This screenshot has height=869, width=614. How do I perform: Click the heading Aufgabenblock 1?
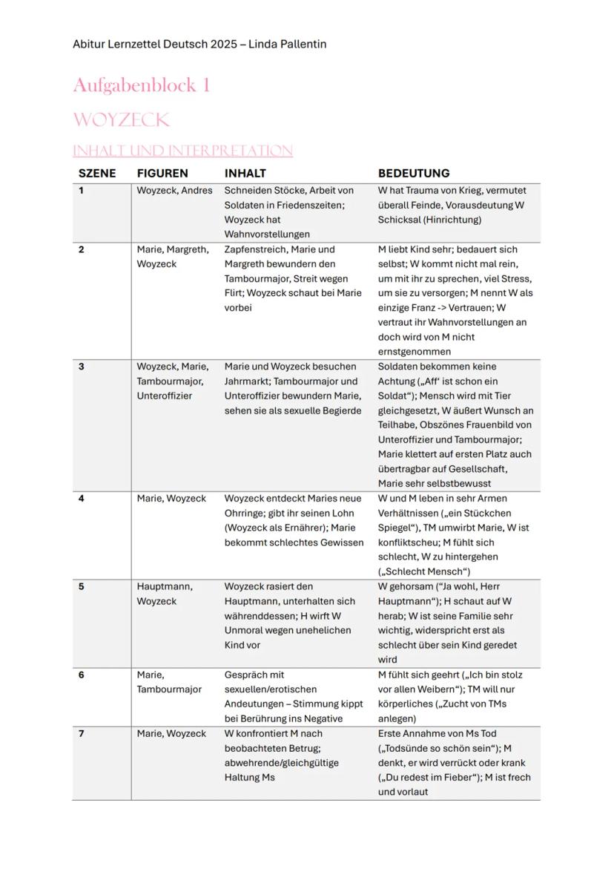(142, 86)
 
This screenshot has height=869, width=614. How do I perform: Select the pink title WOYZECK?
(121, 120)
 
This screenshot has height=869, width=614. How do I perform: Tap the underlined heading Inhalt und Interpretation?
(182, 151)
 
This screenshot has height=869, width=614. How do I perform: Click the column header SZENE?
(97, 173)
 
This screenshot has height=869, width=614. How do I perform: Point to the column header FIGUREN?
(162, 173)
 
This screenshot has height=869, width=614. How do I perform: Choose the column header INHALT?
(245, 173)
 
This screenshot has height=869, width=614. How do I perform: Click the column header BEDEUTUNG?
(414, 173)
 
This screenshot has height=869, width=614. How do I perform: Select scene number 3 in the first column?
(82, 367)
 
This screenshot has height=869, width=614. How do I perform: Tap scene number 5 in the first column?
(82, 586)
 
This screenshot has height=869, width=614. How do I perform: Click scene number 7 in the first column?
(82, 733)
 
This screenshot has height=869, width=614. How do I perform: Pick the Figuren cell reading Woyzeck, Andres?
(174, 191)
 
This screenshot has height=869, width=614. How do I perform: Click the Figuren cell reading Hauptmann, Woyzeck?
(164, 594)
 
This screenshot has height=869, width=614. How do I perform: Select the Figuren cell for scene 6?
(168, 682)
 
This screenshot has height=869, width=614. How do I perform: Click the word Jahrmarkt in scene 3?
(246, 381)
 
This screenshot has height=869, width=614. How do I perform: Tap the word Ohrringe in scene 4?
(244, 513)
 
